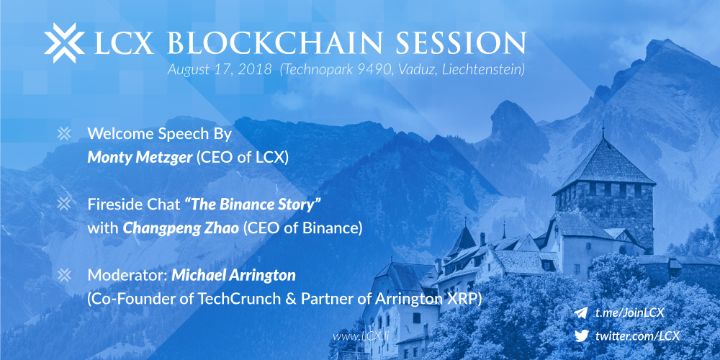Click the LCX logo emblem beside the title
tap(64, 42)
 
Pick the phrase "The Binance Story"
tap(253, 204)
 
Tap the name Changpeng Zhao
tap(181, 229)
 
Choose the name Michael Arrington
tap(234, 276)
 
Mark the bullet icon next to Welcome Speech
tap(64, 134)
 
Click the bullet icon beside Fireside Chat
tap(64, 204)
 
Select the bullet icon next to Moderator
tap(64, 275)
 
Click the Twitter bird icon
tap(581, 336)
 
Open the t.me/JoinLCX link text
tap(629, 313)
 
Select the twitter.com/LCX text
tap(637, 336)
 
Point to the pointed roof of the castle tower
tap(606, 163)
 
